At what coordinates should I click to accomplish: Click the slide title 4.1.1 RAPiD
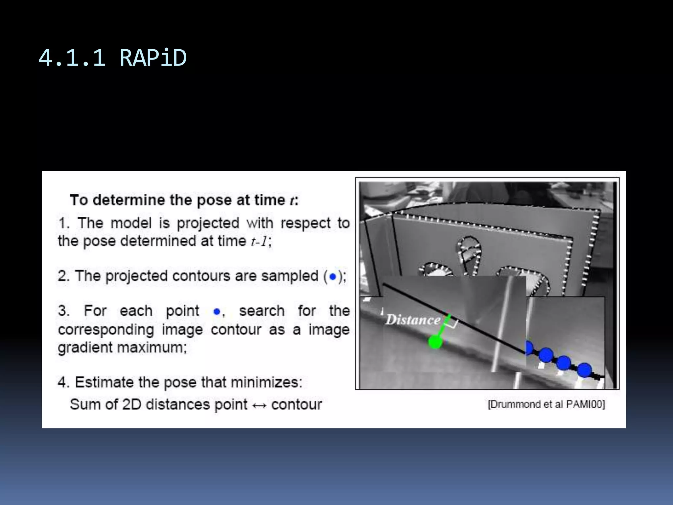112,58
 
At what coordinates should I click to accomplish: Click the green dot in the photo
435,342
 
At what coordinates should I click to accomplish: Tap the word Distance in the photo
413,320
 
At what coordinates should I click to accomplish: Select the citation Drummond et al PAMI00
546,404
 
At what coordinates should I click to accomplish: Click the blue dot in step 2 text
333,277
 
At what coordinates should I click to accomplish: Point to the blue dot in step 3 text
216,311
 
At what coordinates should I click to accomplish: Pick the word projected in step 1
208,223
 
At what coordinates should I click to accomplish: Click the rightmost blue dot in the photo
584,370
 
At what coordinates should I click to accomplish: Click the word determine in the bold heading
129,200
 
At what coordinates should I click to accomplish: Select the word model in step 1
131,223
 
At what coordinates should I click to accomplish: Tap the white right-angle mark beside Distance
453,324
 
